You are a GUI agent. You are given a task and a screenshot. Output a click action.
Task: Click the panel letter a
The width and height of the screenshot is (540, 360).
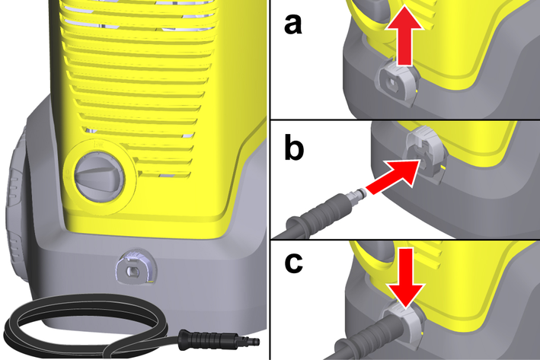pos(293,25)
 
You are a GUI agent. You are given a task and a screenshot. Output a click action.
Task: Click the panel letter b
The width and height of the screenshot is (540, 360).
pos(294,148)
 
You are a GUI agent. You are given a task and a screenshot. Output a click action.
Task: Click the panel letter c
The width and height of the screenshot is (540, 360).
pos(294,263)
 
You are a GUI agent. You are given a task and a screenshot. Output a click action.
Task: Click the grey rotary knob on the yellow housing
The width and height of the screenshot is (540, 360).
pos(98,177)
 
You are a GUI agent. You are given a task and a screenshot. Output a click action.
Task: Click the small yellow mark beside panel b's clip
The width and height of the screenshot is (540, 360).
pos(443,167)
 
